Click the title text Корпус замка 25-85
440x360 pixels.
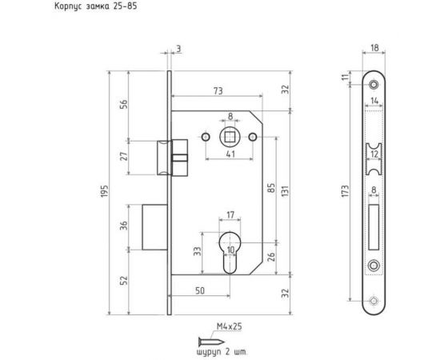tap(96, 6)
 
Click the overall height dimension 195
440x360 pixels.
tap(104, 191)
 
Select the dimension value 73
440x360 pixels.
tap(218, 91)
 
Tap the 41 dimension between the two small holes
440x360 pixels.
tap(230, 154)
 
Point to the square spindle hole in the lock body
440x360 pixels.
tap(230, 137)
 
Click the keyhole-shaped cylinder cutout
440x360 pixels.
tap(230, 252)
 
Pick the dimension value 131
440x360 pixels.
tap(285, 191)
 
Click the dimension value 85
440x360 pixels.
tap(271, 188)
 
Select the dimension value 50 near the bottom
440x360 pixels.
tap(200, 291)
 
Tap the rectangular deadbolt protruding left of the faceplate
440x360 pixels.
tap(155, 227)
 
